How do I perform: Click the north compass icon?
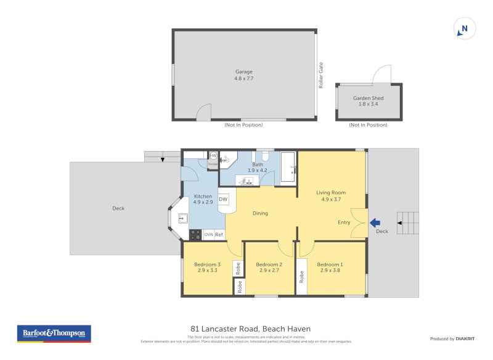(x=465, y=28)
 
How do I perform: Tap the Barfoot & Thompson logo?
(x=54, y=333)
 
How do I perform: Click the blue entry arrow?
(x=375, y=223)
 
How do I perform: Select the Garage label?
(x=243, y=72)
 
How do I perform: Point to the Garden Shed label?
(x=368, y=98)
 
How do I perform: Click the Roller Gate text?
(x=321, y=75)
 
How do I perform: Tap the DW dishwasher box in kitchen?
(x=223, y=199)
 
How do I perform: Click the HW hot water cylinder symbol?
(x=213, y=156)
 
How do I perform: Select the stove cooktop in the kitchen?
(x=195, y=235)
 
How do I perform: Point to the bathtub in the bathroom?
(x=288, y=167)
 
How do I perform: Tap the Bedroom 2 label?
(x=269, y=264)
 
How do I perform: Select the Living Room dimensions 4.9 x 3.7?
(x=331, y=199)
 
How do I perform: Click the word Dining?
(x=260, y=213)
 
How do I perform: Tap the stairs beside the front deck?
(x=407, y=223)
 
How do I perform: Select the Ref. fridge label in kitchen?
(x=219, y=234)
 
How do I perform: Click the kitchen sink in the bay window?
(x=182, y=218)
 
